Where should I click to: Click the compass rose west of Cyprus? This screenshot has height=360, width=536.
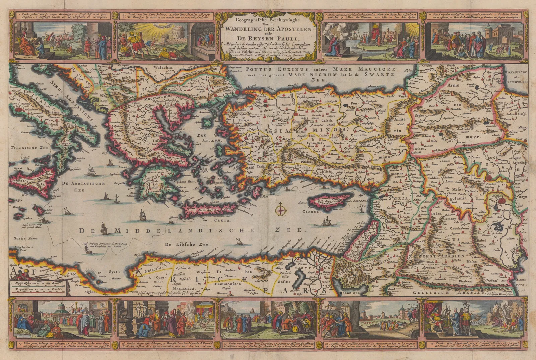click(x=281, y=211)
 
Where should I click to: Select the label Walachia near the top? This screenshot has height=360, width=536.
click(x=163, y=67)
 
